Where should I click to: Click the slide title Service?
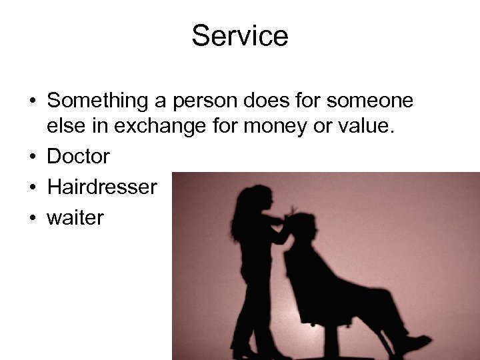coord(240,35)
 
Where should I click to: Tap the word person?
coord(209,101)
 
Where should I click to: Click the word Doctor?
coord(79,157)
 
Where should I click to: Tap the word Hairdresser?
coord(102,187)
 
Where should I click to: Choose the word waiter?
coord(75,217)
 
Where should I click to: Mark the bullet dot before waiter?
coord(33,217)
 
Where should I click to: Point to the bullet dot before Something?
coord(33,101)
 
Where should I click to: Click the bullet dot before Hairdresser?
coord(33,187)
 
